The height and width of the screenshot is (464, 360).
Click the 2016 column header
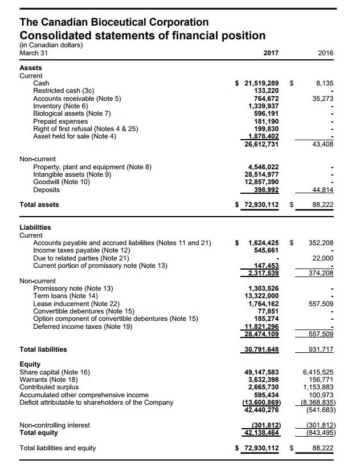point(326,53)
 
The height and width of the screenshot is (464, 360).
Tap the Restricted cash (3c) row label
point(63,91)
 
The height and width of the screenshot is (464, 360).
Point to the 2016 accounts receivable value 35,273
point(324,98)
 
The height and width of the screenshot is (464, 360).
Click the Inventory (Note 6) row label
point(61,106)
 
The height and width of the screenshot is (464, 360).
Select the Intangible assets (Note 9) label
point(73,174)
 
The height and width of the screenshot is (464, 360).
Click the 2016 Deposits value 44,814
point(323,189)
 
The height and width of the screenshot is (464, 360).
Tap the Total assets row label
point(39,204)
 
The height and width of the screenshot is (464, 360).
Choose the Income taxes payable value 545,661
point(266,250)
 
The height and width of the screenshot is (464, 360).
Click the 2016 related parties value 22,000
point(324,258)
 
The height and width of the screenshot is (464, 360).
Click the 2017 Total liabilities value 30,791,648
point(261,349)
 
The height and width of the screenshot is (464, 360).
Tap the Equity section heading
point(30,364)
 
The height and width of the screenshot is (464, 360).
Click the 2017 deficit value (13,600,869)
point(261,402)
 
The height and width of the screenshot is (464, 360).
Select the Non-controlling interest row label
point(55,425)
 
